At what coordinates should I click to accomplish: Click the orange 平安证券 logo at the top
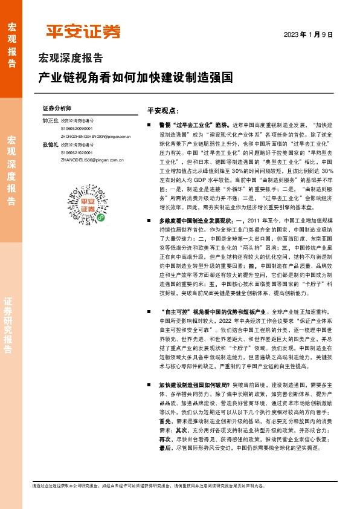83,31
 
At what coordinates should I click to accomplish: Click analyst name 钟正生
50,121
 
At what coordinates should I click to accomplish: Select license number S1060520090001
77,129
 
